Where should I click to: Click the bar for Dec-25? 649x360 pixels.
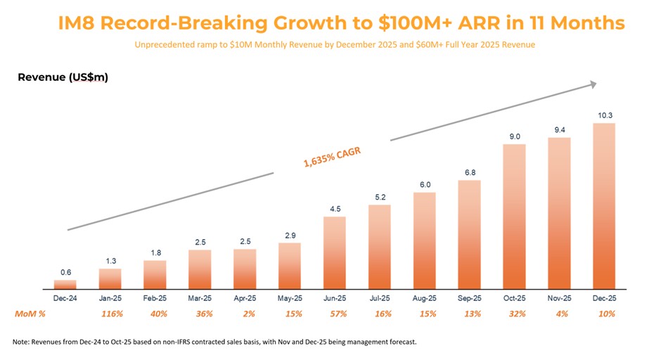pos(604,207)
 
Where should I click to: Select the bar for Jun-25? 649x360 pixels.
pos(335,253)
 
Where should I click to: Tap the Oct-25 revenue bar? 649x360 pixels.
pos(514,217)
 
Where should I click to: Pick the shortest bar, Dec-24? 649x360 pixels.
pos(65,285)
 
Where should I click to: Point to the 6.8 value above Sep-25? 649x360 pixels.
pos(469,172)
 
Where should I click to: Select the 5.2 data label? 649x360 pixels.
pos(380,197)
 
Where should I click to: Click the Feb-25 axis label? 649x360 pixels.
pos(155,298)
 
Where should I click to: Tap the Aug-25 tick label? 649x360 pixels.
pos(424,298)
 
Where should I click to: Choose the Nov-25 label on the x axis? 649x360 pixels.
pos(559,298)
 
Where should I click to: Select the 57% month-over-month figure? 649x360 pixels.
pos(335,314)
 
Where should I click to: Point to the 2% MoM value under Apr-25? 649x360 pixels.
pos(245,314)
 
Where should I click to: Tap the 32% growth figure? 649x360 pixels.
pos(514,314)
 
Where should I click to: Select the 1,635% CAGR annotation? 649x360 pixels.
pos(331,157)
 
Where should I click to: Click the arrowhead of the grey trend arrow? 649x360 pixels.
pos(593,84)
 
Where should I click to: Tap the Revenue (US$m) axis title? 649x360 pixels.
pos(63,77)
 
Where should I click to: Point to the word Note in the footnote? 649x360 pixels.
pos(21,342)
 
